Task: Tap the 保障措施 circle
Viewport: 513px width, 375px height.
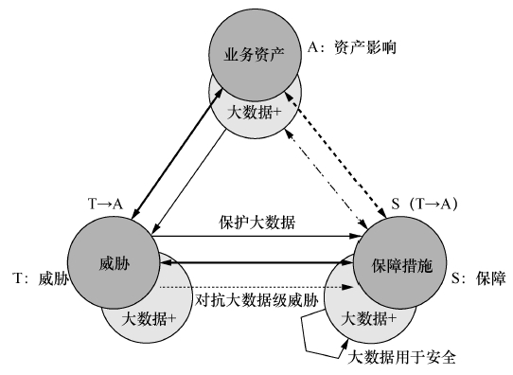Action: (396, 267)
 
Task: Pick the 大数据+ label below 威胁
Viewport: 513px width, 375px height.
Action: (149, 319)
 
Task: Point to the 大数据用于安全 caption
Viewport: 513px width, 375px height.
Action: (403, 358)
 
